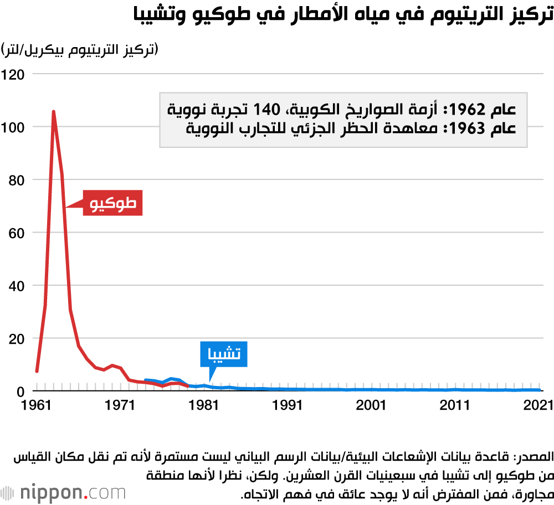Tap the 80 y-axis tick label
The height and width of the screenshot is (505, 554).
17,180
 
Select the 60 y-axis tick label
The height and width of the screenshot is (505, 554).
17,233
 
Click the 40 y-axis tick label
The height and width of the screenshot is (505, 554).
17,286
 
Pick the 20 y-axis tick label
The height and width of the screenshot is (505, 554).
17,339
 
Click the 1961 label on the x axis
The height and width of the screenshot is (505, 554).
37,405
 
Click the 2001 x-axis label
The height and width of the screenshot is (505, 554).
372,405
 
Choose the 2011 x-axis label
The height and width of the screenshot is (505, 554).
455,405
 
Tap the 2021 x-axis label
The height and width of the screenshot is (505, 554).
537,405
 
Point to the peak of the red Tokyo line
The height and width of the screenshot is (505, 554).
54,111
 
